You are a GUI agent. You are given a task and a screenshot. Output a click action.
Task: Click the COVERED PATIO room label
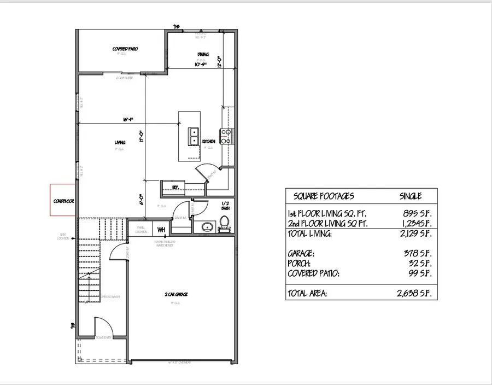[125, 49]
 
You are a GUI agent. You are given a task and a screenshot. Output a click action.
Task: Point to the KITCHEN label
[208, 141]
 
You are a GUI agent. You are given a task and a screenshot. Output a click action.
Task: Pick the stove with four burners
[226, 135]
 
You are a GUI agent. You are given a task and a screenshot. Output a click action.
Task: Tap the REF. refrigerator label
[175, 186]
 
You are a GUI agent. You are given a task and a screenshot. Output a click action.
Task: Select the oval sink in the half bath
[207, 226]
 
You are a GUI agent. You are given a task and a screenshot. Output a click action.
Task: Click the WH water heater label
[161, 229]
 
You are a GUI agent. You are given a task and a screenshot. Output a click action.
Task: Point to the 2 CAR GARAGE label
[177, 294]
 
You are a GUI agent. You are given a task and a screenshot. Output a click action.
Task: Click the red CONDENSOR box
[63, 200]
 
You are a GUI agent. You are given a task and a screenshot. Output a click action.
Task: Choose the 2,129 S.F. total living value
[415, 234]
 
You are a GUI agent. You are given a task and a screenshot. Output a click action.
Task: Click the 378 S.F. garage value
[419, 254]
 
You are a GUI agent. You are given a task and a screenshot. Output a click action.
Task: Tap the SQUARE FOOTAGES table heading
[324, 196]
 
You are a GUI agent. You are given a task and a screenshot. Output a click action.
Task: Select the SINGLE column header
[411, 196]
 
